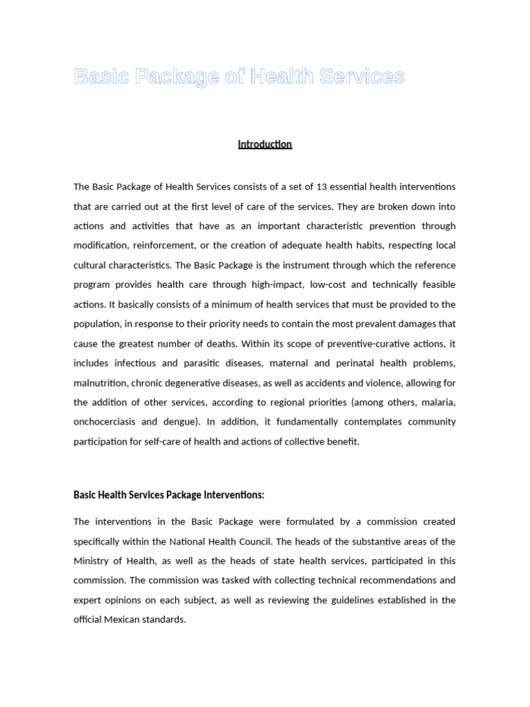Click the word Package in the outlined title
pos(176,77)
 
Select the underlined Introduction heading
pos(265,144)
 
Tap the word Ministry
pos(92,561)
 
